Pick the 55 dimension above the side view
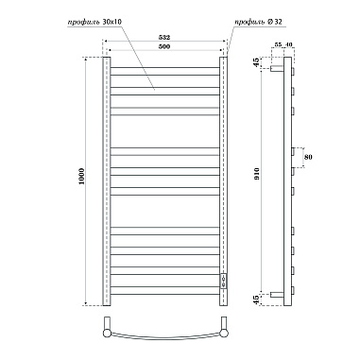tap(277, 45)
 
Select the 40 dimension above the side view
tap(288, 45)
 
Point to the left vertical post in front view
tap(107, 180)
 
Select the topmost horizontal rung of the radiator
tap(165, 67)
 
